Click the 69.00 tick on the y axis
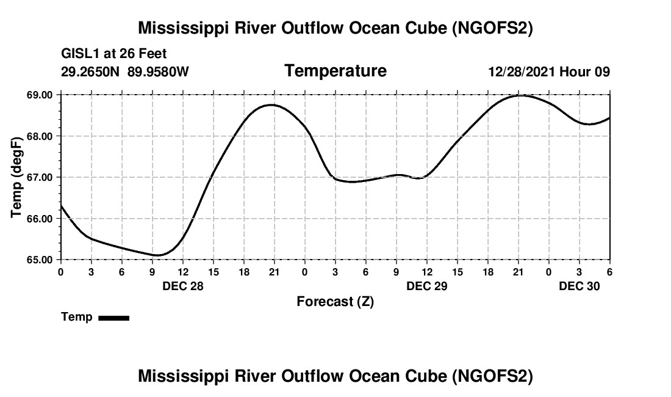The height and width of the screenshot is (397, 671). tap(40, 95)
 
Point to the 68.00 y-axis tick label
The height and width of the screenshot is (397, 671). tap(40, 136)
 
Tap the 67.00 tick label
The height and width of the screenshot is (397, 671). tap(40, 178)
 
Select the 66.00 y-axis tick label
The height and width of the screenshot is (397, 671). tap(40, 219)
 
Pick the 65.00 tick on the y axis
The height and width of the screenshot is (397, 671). tap(40, 260)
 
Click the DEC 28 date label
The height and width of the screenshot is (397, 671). tap(183, 286)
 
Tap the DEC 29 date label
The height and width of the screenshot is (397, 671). tap(427, 286)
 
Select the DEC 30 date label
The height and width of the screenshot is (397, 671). tap(579, 286)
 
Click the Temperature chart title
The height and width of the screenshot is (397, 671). tap(335, 71)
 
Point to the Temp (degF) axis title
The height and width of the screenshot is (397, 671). tap(18, 177)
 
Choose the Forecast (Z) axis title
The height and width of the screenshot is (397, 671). tap(335, 302)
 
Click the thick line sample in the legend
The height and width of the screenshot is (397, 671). tap(114, 318)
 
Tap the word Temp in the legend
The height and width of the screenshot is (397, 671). tap(77, 317)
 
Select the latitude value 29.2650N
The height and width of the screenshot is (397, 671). tap(92, 72)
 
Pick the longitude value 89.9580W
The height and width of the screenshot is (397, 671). tap(158, 72)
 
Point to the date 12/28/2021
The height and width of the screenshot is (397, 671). tap(522, 72)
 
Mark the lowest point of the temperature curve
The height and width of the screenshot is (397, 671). tap(157, 255)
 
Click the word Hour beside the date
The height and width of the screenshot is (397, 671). tap(575, 72)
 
